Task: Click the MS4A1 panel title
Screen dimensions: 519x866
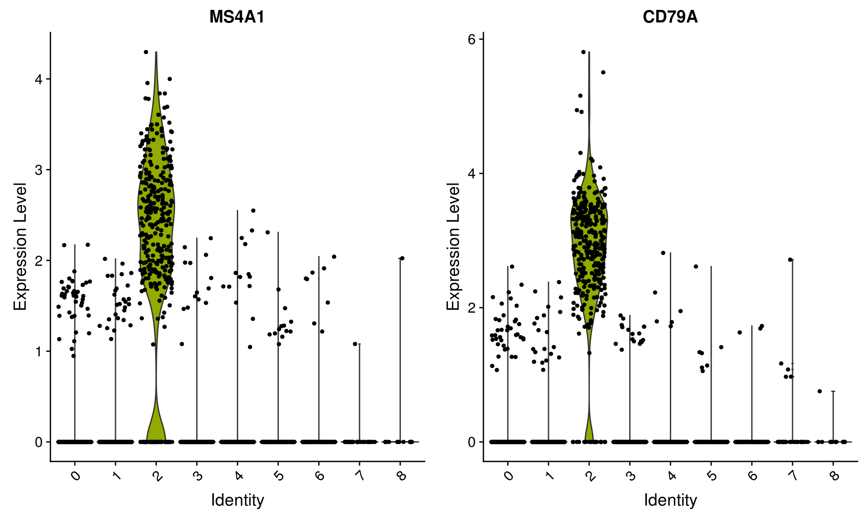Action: click(x=237, y=17)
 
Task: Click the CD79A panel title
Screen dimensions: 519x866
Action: click(x=670, y=17)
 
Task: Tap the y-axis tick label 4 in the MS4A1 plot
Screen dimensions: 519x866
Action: click(x=39, y=79)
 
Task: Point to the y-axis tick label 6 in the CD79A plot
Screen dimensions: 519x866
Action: click(x=472, y=39)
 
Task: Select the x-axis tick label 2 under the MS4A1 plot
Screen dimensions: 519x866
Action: click(x=157, y=476)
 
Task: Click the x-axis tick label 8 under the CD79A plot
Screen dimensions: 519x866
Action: click(x=834, y=476)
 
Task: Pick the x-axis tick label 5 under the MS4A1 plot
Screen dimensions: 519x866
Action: click(x=279, y=476)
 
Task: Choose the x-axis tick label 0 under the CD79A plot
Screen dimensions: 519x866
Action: click(x=509, y=476)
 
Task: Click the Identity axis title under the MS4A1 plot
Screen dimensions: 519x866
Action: click(x=237, y=500)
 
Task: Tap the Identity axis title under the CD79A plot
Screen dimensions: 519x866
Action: click(x=670, y=500)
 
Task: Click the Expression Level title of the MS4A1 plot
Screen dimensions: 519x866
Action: click(x=20, y=246)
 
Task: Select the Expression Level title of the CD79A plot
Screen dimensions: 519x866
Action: click(x=453, y=246)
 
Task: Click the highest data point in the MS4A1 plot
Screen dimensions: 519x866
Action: click(x=146, y=52)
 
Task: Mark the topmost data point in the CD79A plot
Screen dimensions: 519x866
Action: click(x=583, y=52)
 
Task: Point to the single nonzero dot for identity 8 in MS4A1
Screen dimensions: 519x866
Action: click(x=402, y=258)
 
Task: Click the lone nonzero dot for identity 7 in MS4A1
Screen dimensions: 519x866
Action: click(x=355, y=344)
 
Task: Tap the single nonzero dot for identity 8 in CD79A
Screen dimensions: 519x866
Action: click(x=820, y=391)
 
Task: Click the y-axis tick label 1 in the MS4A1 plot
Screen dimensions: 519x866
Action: click(x=39, y=351)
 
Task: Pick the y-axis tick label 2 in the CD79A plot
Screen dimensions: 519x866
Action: click(x=472, y=308)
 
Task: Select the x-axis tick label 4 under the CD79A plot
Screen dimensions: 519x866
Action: click(x=672, y=476)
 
